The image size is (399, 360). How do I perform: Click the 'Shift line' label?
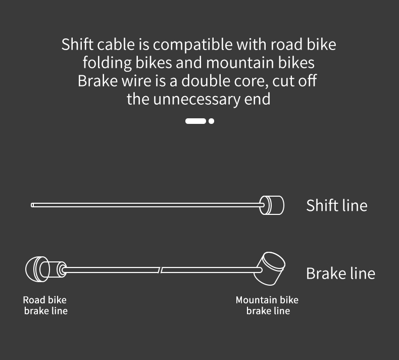pos(336,205)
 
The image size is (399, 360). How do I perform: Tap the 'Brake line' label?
pos(340,273)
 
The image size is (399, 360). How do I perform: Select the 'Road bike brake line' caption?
pos(45,305)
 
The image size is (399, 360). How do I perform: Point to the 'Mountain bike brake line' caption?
pos(267,305)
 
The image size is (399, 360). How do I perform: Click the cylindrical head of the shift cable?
pos(272,205)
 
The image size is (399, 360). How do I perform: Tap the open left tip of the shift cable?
pos(33,205)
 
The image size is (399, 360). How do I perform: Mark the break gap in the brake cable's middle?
pos(161,270)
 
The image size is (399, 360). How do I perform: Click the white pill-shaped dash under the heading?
pos(195,121)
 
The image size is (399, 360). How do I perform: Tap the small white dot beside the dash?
pos(211,121)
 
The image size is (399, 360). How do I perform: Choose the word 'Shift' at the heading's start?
pos(76,44)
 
